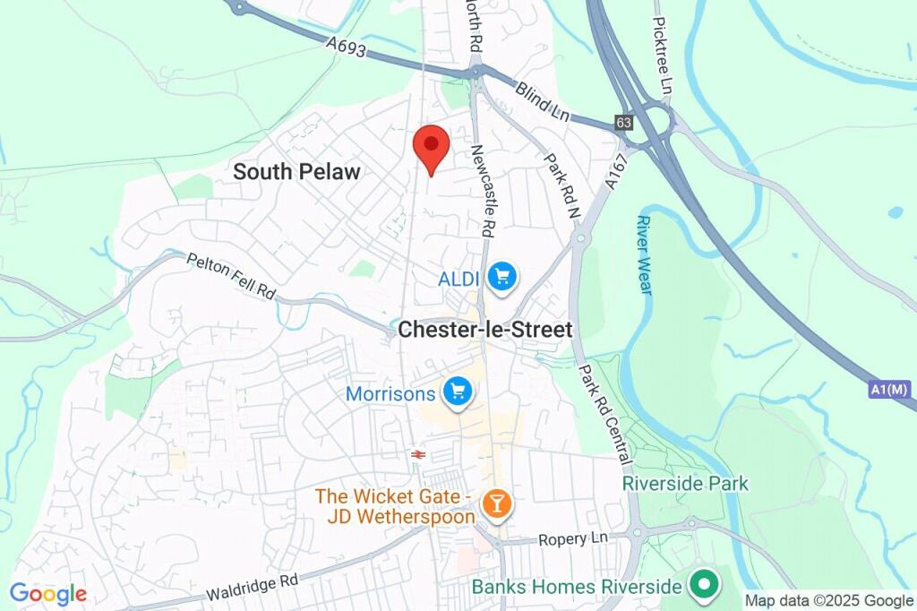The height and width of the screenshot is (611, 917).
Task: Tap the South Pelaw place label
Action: click(x=296, y=172)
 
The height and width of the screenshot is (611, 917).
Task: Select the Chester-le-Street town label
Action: click(x=484, y=330)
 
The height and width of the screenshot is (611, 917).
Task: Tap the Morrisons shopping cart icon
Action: click(x=458, y=392)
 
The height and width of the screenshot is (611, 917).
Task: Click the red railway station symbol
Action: click(x=417, y=454)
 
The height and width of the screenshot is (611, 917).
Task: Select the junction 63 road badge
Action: click(x=624, y=123)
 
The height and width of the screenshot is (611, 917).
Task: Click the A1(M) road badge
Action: click(x=888, y=390)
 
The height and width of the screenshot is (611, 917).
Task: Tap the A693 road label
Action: click(x=346, y=47)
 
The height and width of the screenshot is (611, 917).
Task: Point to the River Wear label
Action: click(x=644, y=254)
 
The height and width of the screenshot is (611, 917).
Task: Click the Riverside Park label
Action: click(x=685, y=484)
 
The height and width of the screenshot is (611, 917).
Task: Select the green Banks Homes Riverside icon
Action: click(x=704, y=586)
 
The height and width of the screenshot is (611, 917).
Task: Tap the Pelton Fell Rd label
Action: click(x=231, y=276)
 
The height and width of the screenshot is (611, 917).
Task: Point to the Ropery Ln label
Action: click(x=573, y=539)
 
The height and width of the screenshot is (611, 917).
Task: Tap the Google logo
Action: click(x=48, y=593)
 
